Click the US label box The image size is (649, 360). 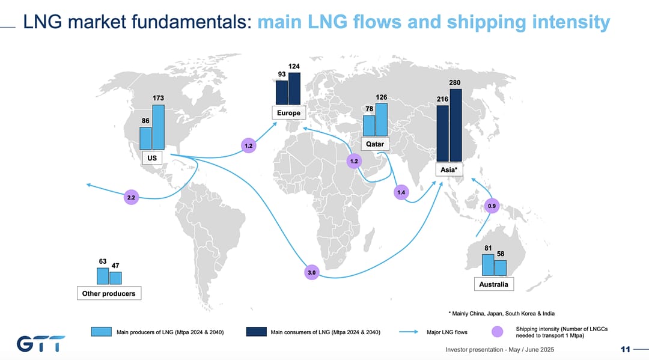click(x=152, y=157)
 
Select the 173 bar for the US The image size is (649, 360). click(x=158, y=127)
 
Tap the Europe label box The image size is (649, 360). click(x=288, y=113)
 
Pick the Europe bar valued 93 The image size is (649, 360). click(x=282, y=93)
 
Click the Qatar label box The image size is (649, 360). click(x=375, y=144)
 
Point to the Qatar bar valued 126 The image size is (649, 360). click(x=381, y=120)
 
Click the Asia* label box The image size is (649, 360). click(x=449, y=170)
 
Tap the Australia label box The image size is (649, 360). click(x=494, y=284)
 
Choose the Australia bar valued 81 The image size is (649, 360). click(x=488, y=265)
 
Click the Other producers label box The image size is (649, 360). click(x=109, y=293)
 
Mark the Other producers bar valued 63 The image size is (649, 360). click(x=103, y=276)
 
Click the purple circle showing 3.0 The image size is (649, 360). click(x=311, y=272)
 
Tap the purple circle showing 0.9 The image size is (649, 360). click(x=492, y=206)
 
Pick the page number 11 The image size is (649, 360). click(x=625, y=349)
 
